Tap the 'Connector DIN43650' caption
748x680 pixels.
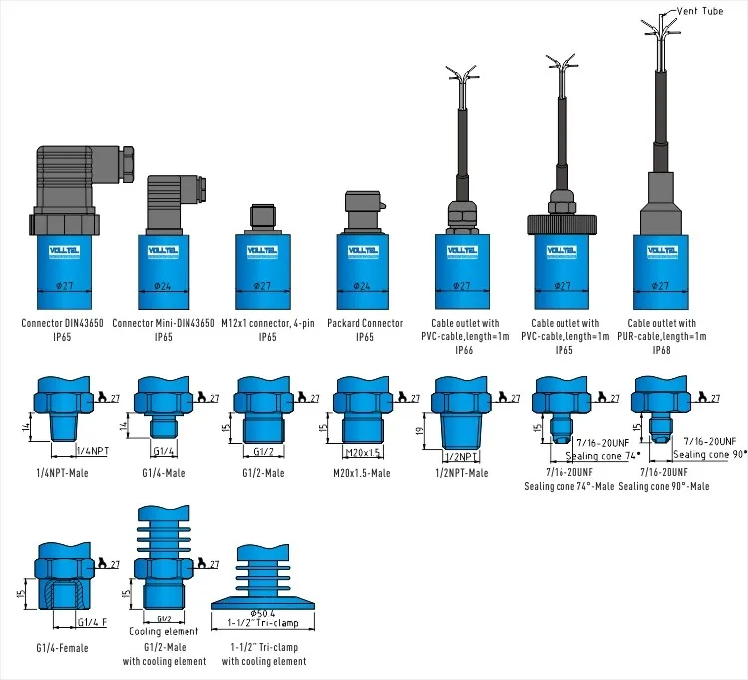pyautogui.click(x=62, y=323)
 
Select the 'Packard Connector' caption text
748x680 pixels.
pyautogui.click(x=365, y=323)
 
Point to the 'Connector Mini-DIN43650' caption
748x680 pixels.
pyautogui.click(x=163, y=323)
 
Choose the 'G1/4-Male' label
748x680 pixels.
pyautogui.click(x=161, y=472)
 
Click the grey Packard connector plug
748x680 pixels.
pyautogui.click(x=363, y=213)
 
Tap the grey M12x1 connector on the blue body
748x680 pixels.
pyautogui.click(x=263, y=220)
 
